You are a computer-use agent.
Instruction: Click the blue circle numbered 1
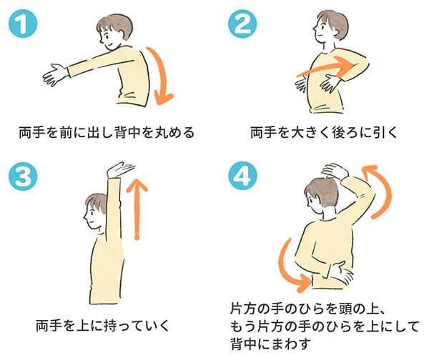23,24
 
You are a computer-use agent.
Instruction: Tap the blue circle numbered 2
242,24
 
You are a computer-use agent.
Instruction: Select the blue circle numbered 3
23,176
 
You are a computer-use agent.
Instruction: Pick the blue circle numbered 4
242,176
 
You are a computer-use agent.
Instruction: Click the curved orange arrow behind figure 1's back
163,74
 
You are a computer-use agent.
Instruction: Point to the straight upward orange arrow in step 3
137,209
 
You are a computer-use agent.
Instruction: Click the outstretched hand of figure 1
56,74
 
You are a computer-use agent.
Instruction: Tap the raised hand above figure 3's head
119,169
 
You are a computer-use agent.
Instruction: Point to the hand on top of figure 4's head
335,171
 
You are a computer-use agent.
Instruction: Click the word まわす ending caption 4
292,344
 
